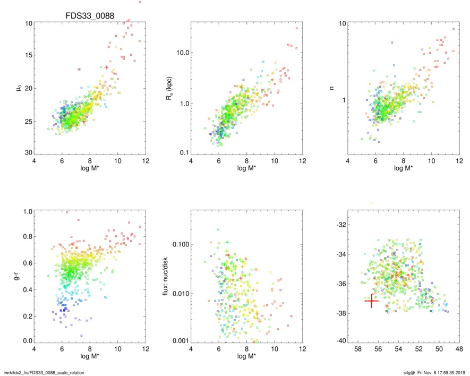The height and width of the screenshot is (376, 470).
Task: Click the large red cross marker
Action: coord(371,301)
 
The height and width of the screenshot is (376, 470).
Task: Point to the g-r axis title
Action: coord(20,276)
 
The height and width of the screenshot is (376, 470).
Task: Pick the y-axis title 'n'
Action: coord(332,85)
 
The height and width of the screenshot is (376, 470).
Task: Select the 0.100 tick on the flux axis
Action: coord(178,244)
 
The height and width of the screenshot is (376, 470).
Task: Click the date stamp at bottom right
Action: coord(439,372)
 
